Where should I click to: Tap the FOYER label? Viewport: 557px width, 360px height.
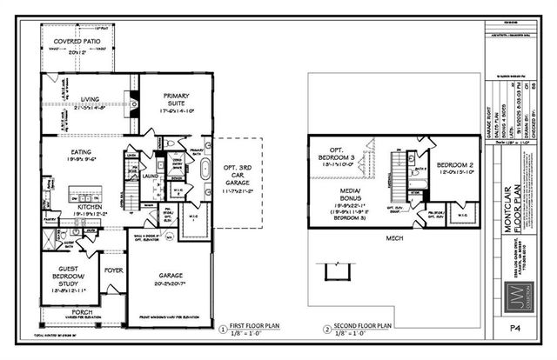coord(113,270)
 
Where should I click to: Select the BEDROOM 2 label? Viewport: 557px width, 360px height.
coord(454,165)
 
